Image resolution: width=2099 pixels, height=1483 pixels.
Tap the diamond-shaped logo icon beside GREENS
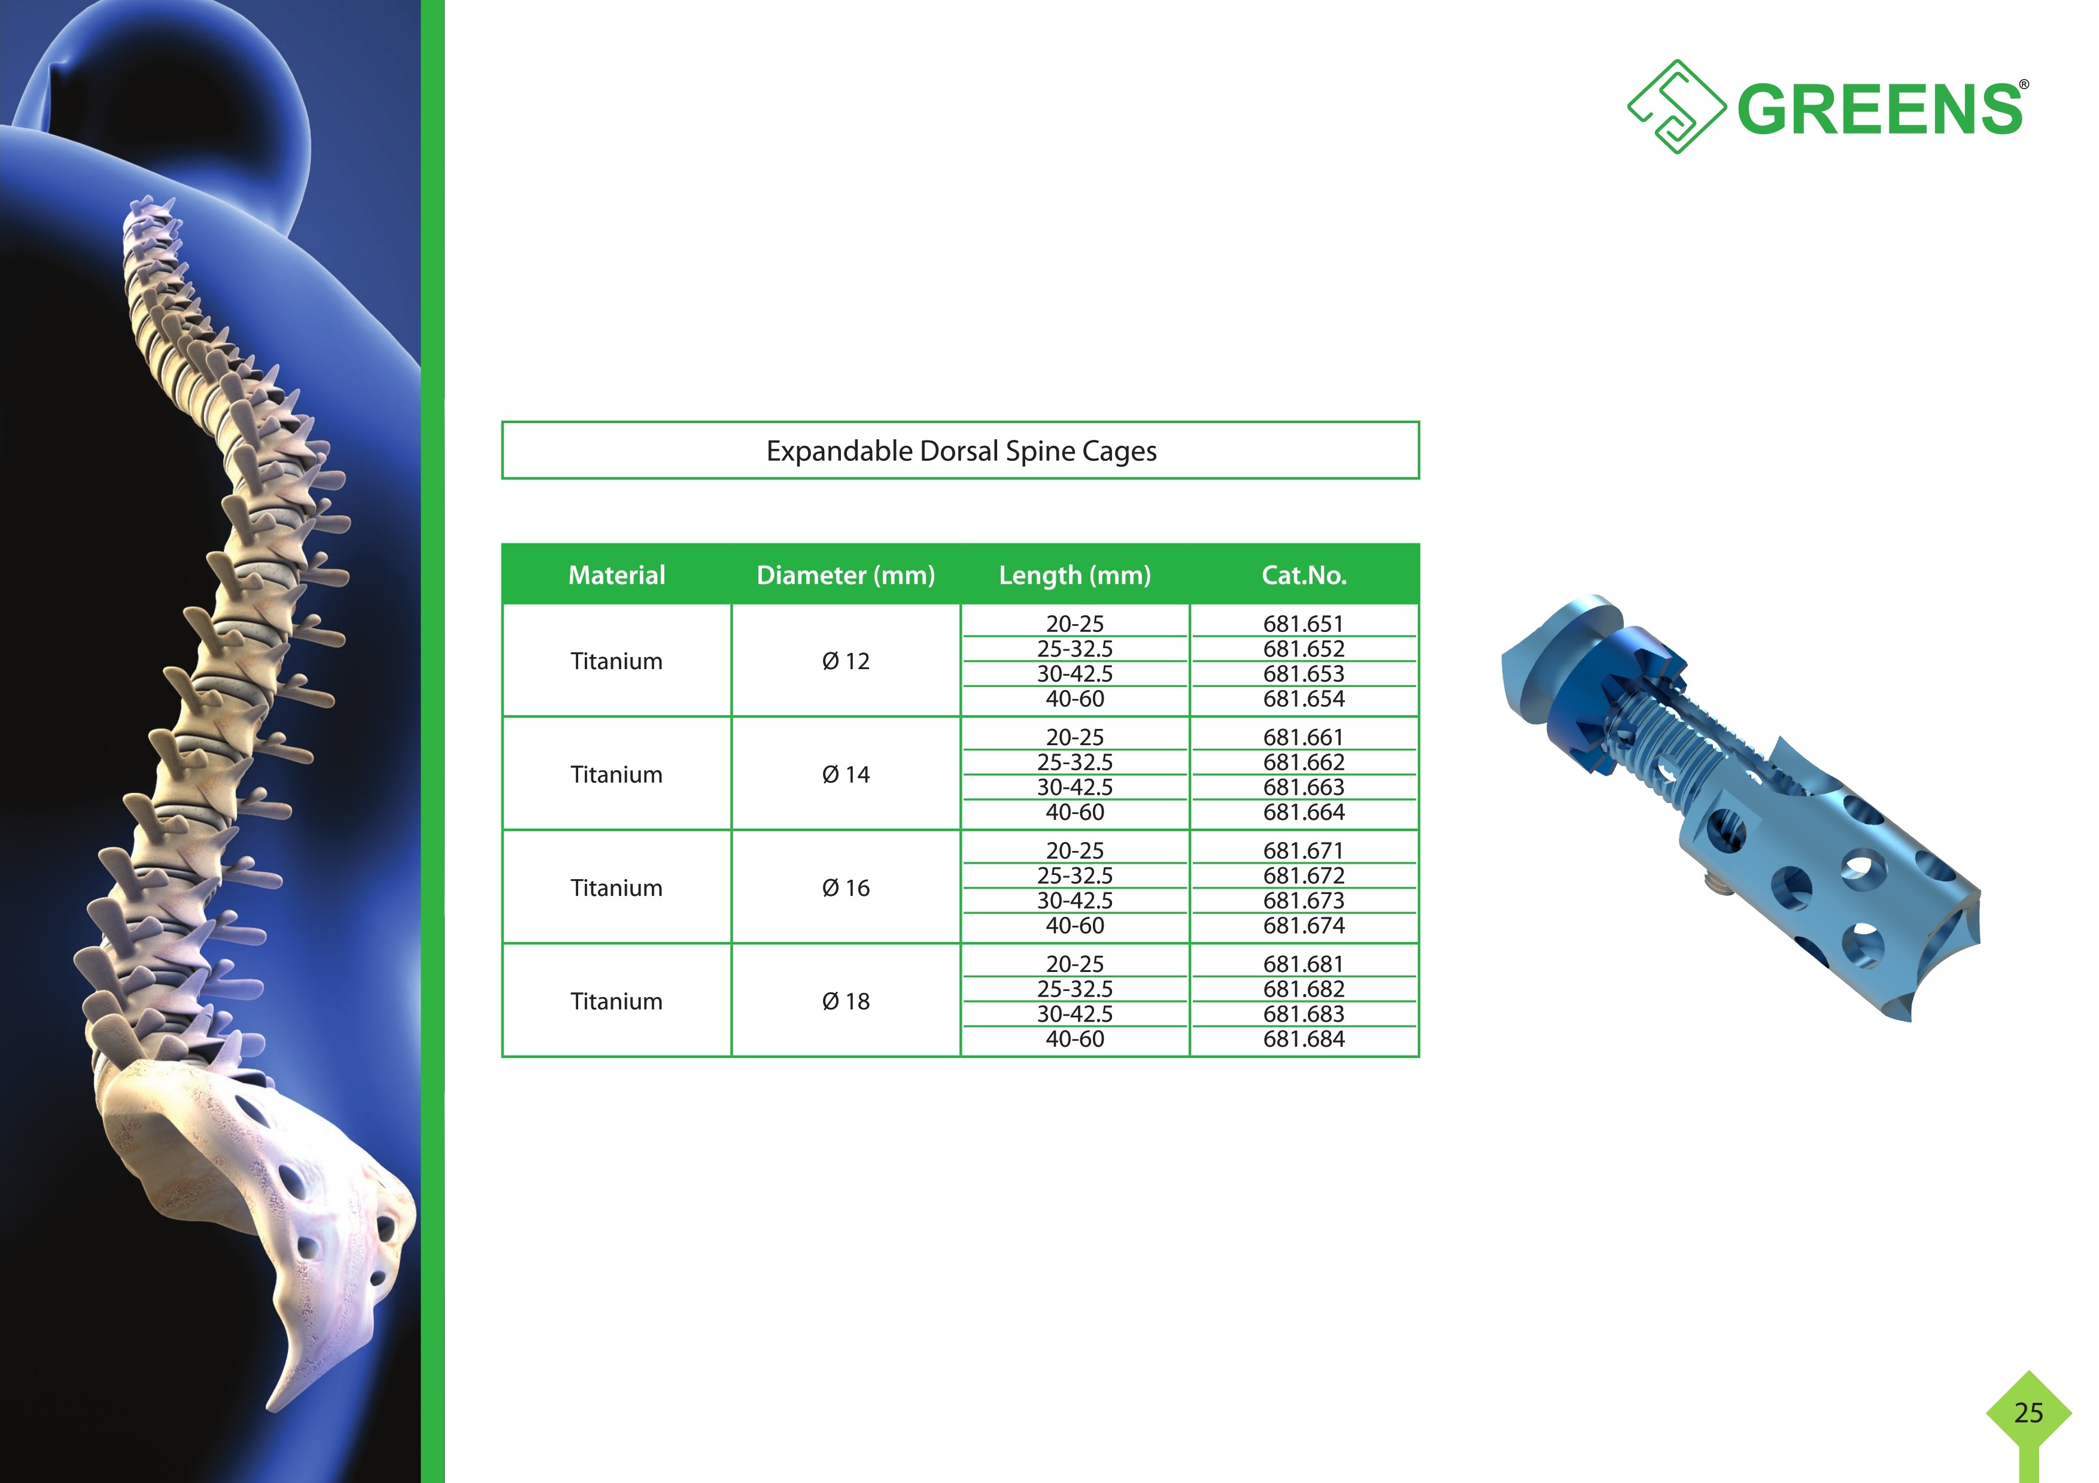[x=1676, y=107]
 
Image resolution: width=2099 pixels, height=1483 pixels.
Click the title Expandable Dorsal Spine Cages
[x=961, y=451]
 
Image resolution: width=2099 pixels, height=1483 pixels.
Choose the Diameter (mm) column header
[x=846, y=575]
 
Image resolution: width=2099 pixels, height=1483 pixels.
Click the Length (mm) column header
[x=1074, y=575]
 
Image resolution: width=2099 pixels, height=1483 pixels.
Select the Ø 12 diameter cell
[x=846, y=661]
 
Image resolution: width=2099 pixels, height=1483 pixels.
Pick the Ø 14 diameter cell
[x=846, y=774]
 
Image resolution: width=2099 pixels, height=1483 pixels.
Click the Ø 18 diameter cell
[x=846, y=1001]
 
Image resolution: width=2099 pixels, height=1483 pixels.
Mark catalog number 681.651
[x=1304, y=624]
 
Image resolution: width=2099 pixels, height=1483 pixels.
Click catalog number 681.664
[x=1304, y=812]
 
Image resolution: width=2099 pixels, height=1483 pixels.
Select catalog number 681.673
[x=1304, y=901]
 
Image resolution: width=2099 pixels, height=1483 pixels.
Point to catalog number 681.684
[x=1304, y=1039]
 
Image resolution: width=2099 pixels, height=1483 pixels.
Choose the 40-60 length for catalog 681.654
[x=1075, y=698]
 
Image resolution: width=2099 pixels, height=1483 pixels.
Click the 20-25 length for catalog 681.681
[x=1075, y=964]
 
